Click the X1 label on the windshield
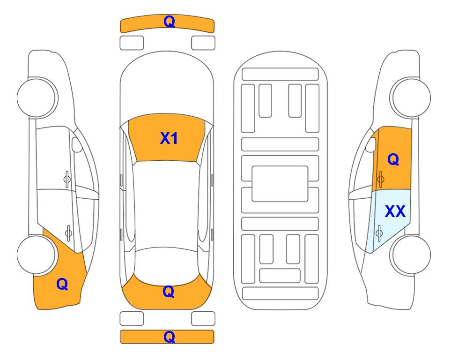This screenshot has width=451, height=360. (169, 138)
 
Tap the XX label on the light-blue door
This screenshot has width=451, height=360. (395, 211)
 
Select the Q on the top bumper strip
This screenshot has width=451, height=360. (169, 21)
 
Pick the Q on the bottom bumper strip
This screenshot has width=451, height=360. (169, 337)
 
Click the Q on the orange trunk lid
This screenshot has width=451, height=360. (168, 292)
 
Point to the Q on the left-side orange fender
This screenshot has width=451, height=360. (62, 284)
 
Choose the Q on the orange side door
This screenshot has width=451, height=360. (393, 159)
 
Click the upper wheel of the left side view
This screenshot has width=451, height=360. (37, 97)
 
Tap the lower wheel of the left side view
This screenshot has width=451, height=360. (37, 255)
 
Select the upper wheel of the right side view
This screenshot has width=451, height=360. (411, 97)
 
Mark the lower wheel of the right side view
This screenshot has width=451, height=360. (411, 255)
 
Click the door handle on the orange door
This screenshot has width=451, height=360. (380, 179)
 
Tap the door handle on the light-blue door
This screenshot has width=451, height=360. (379, 232)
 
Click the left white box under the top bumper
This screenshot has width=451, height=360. (132, 43)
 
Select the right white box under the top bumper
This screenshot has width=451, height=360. (203, 43)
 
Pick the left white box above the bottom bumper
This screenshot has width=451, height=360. (132, 319)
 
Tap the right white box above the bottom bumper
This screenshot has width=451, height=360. (203, 319)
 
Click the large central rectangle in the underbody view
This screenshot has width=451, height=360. (280, 184)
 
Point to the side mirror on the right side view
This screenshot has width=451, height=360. (371, 145)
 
